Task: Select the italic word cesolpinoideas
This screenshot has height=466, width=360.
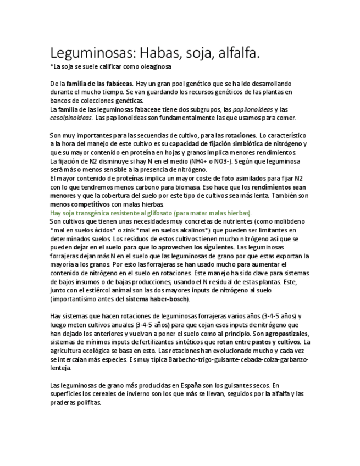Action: tap(71, 118)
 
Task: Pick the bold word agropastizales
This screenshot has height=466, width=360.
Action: tap(286, 334)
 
